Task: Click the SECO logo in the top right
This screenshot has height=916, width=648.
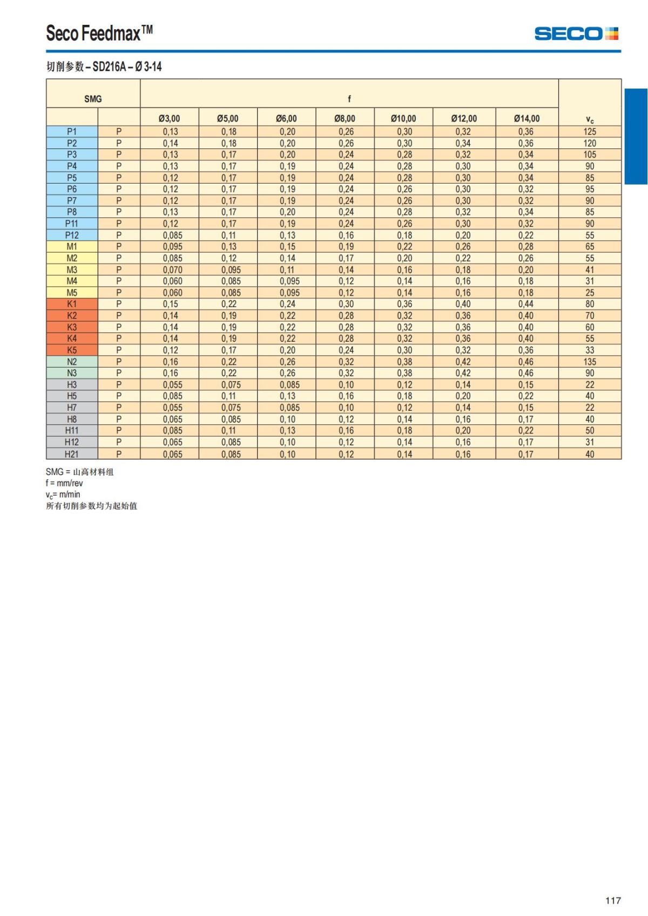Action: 576,34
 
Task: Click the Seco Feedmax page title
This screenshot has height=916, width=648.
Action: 99,33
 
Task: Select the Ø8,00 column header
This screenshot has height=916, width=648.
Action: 345,118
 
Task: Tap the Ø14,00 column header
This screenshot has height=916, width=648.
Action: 526,118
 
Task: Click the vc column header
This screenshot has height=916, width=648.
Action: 590,119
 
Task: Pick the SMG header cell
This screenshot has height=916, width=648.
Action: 93,99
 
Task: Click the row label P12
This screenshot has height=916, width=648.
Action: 72,235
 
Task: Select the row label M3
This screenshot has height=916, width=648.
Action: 72,270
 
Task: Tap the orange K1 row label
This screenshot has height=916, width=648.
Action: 72,304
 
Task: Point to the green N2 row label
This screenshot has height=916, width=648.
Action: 72,362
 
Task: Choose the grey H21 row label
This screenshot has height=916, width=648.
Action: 72,454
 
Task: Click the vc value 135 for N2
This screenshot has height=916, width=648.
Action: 590,362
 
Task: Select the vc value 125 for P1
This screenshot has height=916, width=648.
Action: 590,132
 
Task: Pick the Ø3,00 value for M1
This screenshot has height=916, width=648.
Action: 172,247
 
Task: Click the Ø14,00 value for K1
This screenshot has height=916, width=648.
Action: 526,304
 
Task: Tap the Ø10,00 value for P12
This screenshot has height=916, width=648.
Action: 404,235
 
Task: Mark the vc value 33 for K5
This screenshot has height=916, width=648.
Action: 590,350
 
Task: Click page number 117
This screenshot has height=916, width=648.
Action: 613,900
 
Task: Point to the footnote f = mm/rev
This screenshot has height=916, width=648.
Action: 64,483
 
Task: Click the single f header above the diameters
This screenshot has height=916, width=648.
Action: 349,99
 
